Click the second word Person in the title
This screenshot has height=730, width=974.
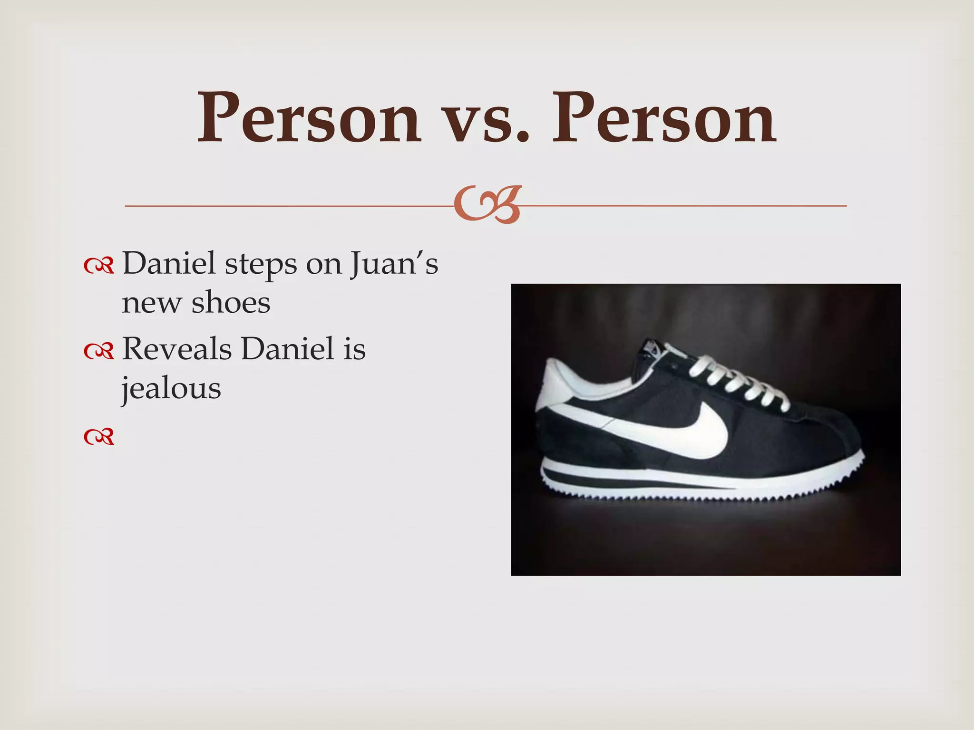[x=663, y=118]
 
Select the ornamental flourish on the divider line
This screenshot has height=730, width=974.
[x=487, y=205]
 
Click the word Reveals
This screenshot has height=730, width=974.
[x=177, y=349]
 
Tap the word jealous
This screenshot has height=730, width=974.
[x=171, y=389]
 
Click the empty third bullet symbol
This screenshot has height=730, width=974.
[x=99, y=436]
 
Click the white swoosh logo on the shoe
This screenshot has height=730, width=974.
[x=685, y=430]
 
